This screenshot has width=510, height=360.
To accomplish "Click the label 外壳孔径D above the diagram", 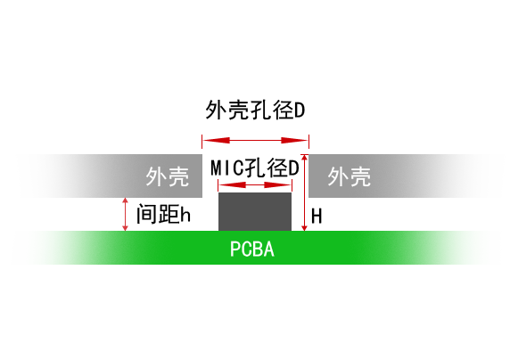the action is pyautogui.click(x=255, y=110).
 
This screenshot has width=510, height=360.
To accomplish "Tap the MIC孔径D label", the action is pyautogui.click(x=255, y=168).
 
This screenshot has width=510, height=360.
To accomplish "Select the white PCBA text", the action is pyautogui.click(x=252, y=250).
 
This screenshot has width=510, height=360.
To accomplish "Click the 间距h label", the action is pyautogui.click(x=163, y=214).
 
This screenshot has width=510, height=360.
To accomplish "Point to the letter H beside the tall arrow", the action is pyautogui.click(x=317, y=217).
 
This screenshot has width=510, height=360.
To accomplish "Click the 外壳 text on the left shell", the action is pyautogui.click(x=168, y=176).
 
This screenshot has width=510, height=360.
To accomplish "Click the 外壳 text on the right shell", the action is pyautogui.click(x=349, y=176).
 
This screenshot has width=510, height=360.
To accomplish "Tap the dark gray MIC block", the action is pyautogui.click(x=255, y=212).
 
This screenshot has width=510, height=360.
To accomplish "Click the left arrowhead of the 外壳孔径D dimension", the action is pyautogui.click(x=217, y=141).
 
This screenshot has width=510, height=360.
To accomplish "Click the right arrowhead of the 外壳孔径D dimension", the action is pyautogui.click(x=294, y=141).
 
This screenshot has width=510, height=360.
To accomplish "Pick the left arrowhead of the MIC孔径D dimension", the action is pyautogui.click(x=232, y=185).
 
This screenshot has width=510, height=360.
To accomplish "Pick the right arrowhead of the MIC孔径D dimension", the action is pyautogui.click(x=277, y=185).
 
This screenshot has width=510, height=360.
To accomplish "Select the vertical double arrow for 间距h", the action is pyautogui.click(x=125, y=215).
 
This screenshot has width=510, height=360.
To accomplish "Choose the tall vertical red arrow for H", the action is pyautogui.click(x=304, y=192).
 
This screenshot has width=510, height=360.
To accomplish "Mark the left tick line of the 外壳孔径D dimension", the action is pyautogui.click(x=202, y=142).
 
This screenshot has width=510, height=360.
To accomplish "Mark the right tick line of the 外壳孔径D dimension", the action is pyautogui.click(x=308, y=142).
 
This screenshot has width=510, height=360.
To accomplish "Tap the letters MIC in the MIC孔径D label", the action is pyautogui.click(x=227, y=168).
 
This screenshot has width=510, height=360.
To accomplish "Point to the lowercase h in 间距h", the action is pyautogui.click(x=185, y=215).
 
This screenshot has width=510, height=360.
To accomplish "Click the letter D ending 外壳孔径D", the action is pyautogui.click(x=300, y=110).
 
